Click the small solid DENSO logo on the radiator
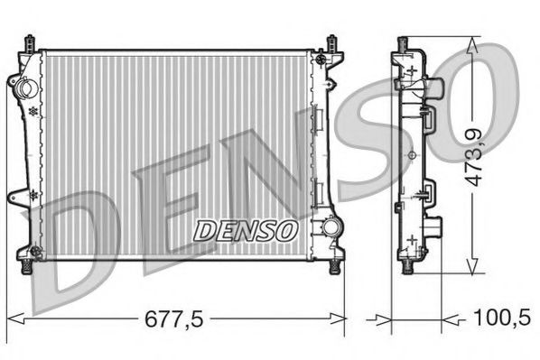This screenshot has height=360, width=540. point(245,229)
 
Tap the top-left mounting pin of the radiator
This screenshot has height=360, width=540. point(33,42)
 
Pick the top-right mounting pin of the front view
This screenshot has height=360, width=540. point(332,42)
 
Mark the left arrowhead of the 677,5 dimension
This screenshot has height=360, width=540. point(13,318)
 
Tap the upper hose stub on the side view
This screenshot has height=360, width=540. point(437,90)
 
